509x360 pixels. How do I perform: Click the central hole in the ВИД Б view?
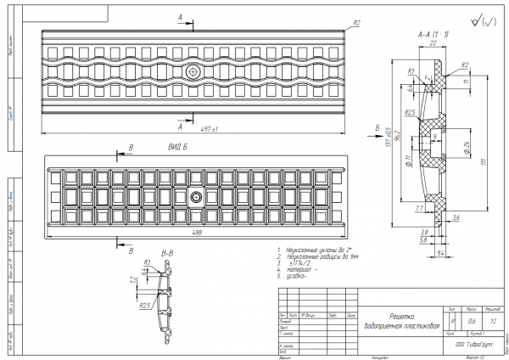click(196, 197)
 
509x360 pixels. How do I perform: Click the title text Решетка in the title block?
click(387, 315)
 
